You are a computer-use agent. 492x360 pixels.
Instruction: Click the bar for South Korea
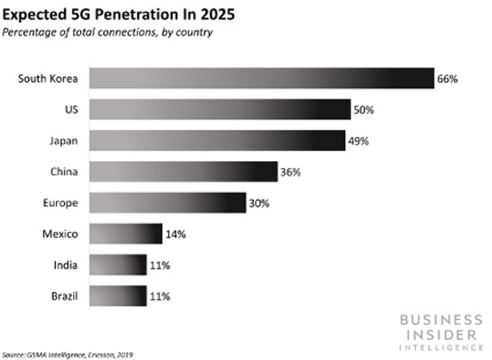262,78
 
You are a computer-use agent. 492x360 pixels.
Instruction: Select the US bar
220,110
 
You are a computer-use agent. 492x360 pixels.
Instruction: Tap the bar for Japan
217,141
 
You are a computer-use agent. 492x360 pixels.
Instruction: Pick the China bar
183,172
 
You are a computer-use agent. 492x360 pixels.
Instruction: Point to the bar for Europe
168,203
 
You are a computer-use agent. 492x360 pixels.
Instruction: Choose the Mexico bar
125,234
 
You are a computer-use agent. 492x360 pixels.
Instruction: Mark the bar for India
118,265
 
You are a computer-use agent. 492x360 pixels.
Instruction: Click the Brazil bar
118,296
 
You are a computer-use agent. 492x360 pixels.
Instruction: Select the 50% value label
363,110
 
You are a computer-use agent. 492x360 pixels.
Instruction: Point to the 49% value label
358,142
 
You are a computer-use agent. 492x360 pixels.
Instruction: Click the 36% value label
290,172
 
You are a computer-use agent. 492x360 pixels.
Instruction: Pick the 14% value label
175,234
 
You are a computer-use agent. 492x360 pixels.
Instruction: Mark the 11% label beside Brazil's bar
160,297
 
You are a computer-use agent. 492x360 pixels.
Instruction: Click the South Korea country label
48,79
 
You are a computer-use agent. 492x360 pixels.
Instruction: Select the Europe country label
60,203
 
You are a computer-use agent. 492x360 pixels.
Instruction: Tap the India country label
65,265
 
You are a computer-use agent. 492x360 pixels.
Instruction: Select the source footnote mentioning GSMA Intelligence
68,354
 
